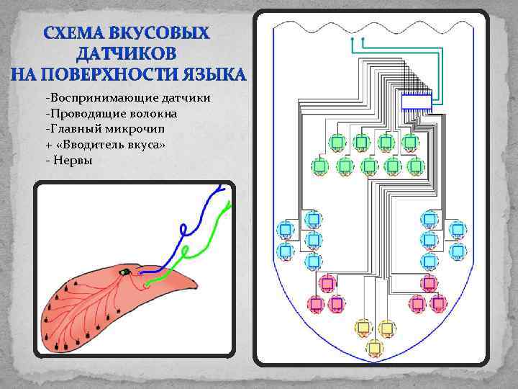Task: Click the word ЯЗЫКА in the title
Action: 216,75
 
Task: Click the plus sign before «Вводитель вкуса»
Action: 47,145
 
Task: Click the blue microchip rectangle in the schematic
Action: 416,101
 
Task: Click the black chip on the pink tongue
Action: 126,272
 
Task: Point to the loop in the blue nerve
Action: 184,230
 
